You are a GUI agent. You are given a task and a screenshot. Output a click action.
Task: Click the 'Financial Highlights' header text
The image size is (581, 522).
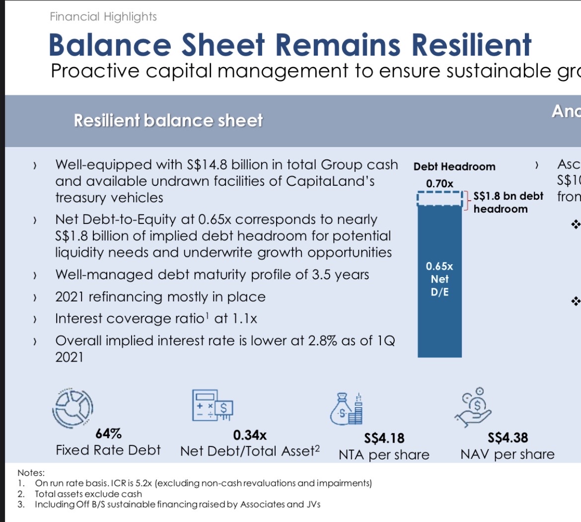tap(103, 17)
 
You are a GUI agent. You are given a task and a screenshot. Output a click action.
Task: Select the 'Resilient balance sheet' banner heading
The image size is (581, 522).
tap(168, 121)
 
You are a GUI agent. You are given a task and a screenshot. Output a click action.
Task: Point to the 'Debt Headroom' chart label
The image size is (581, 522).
tap(454, 167)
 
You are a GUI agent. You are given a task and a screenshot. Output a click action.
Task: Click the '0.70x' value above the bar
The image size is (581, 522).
tap(439, 184)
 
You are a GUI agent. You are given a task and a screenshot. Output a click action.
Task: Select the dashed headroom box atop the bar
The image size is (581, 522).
tap(439, 199)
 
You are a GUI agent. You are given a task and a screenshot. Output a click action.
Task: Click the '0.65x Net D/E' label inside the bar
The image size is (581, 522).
tap(439, 279)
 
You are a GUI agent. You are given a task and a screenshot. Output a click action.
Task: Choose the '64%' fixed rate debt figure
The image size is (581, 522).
tap(108, 434)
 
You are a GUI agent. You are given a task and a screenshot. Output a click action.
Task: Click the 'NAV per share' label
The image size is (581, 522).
tap(507, 454)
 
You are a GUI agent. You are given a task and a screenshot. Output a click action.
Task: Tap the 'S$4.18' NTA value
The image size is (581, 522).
tap(384, 438)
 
